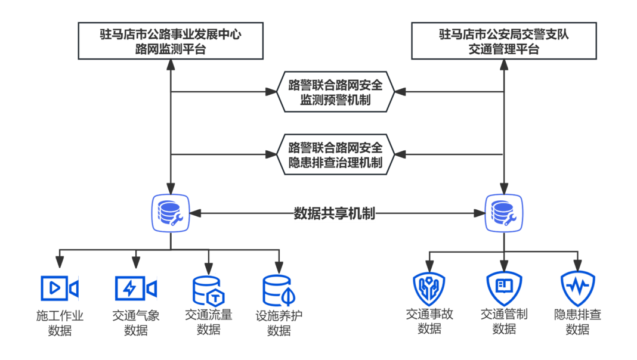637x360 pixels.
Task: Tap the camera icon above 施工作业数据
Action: click(60, 288)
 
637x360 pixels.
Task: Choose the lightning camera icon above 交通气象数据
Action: click(135, 288)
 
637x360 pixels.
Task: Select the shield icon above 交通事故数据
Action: click(429, 288)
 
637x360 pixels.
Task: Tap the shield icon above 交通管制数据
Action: click(504, 288)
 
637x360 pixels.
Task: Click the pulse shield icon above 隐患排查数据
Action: click(577, 288)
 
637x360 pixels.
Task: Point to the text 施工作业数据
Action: click(60, 322)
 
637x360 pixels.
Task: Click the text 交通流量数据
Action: click(208, 322)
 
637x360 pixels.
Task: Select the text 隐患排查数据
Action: click(577, 322)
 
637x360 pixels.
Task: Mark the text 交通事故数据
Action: click(429, 322)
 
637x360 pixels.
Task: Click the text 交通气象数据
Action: click(135, 322)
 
